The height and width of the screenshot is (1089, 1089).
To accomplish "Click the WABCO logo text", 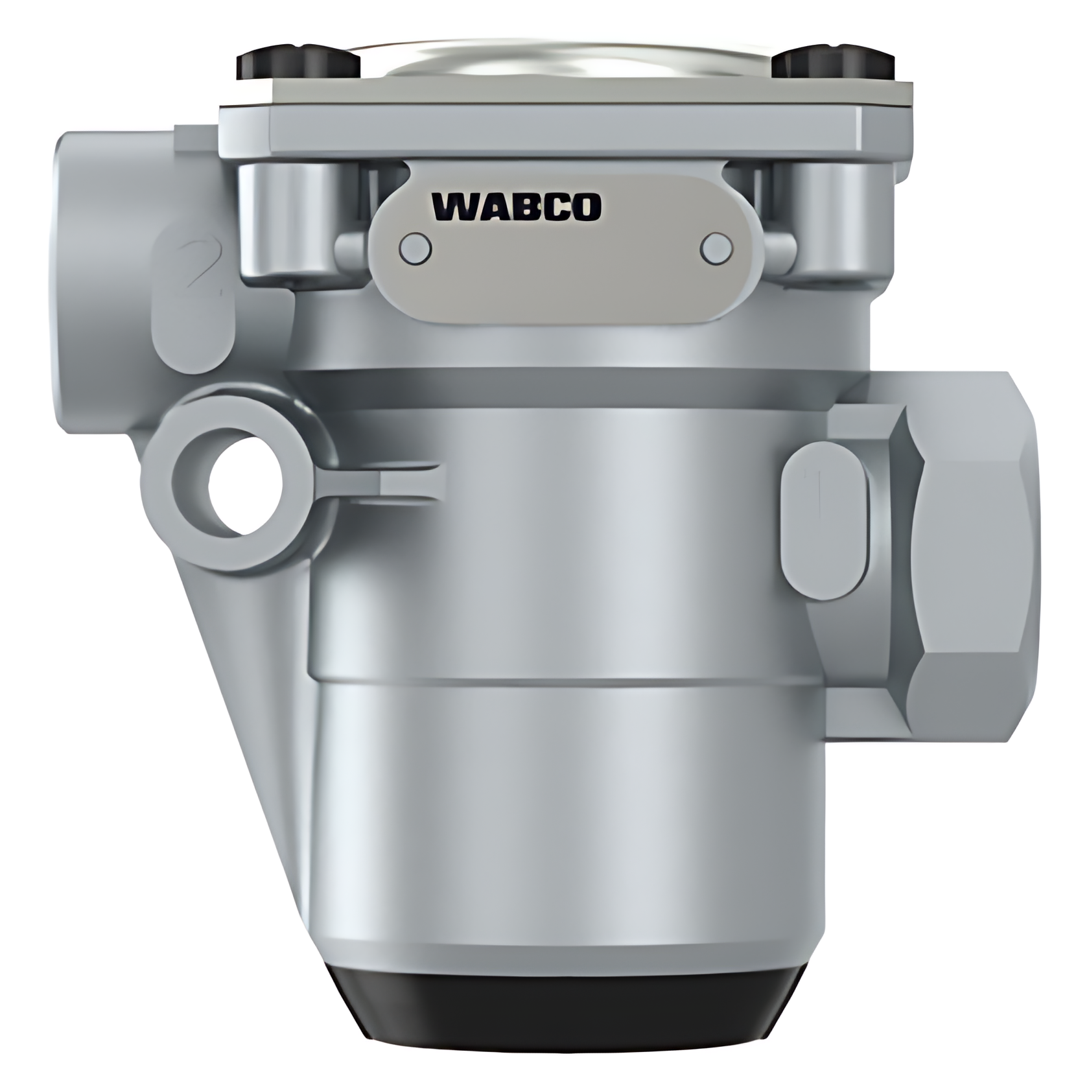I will point(517,207).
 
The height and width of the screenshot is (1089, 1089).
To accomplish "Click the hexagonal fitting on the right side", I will point(972,557).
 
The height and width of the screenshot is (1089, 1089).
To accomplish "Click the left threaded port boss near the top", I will point(110,279).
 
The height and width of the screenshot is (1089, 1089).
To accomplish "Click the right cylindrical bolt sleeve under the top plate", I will point(836,220).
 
